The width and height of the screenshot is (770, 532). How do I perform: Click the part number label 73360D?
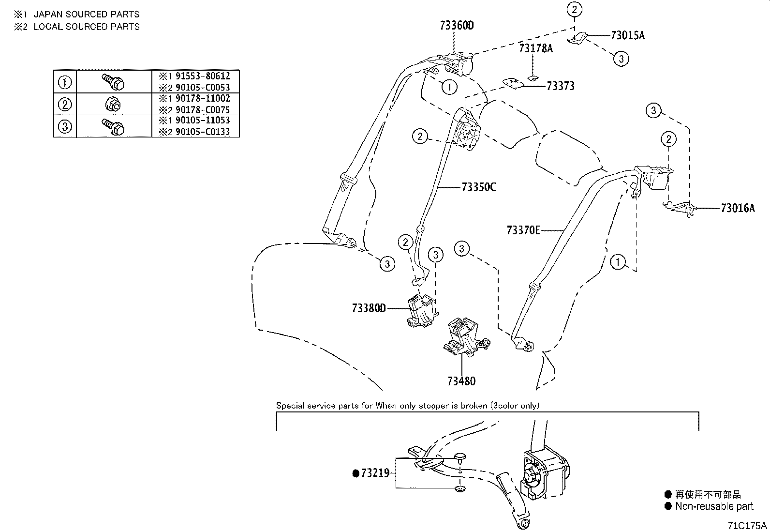[x=457, y=26]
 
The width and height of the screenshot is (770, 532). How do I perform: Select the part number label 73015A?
[x=627, y=35]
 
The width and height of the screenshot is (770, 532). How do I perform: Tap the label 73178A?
[x=535, y=48]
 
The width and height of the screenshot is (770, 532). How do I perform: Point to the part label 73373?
[x=560, y=86]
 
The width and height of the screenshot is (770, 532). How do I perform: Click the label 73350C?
[x=478, y=187]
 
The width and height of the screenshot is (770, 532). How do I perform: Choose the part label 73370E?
[x=523, y=230]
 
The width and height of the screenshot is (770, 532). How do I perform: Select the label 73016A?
[x=737, y=208]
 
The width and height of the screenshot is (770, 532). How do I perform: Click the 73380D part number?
[x=369, y=308]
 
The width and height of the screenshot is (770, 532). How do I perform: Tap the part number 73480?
[x=461, y=381]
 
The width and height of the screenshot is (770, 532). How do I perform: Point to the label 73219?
[x=375, y=473]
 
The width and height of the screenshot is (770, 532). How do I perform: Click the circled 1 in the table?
[x=65, y=82]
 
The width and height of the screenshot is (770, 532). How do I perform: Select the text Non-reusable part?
[x=714, y=506]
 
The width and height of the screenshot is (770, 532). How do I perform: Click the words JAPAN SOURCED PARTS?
[x=87, y=15]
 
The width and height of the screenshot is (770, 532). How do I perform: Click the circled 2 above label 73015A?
[x=574, y=9]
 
